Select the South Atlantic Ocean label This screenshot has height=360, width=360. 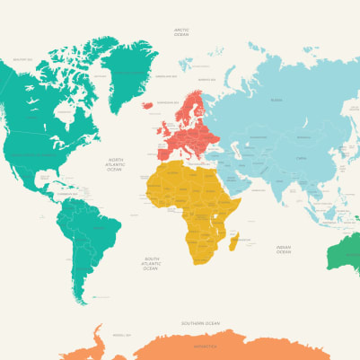coord(150,263)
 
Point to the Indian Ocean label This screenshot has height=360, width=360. coord(284,249)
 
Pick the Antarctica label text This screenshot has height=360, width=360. coord(205,345)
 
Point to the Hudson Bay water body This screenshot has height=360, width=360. coord(65,112)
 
